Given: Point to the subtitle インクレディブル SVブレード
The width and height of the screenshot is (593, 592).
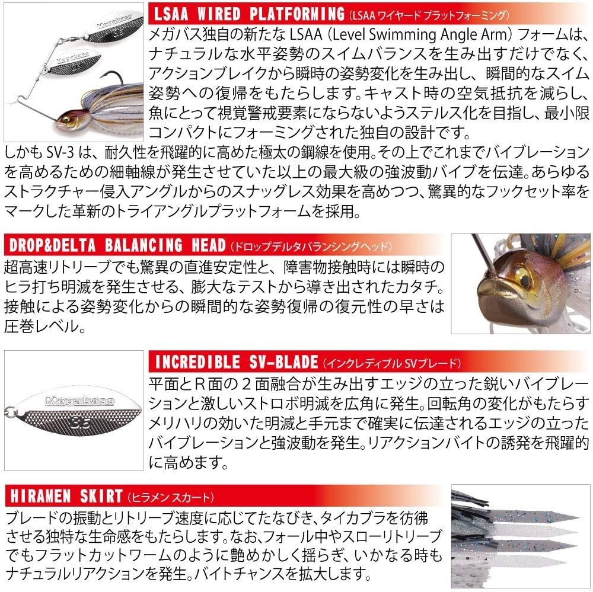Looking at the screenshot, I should pos(391,362).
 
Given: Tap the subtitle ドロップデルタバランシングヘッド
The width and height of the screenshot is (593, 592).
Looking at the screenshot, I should pos(308,246).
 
